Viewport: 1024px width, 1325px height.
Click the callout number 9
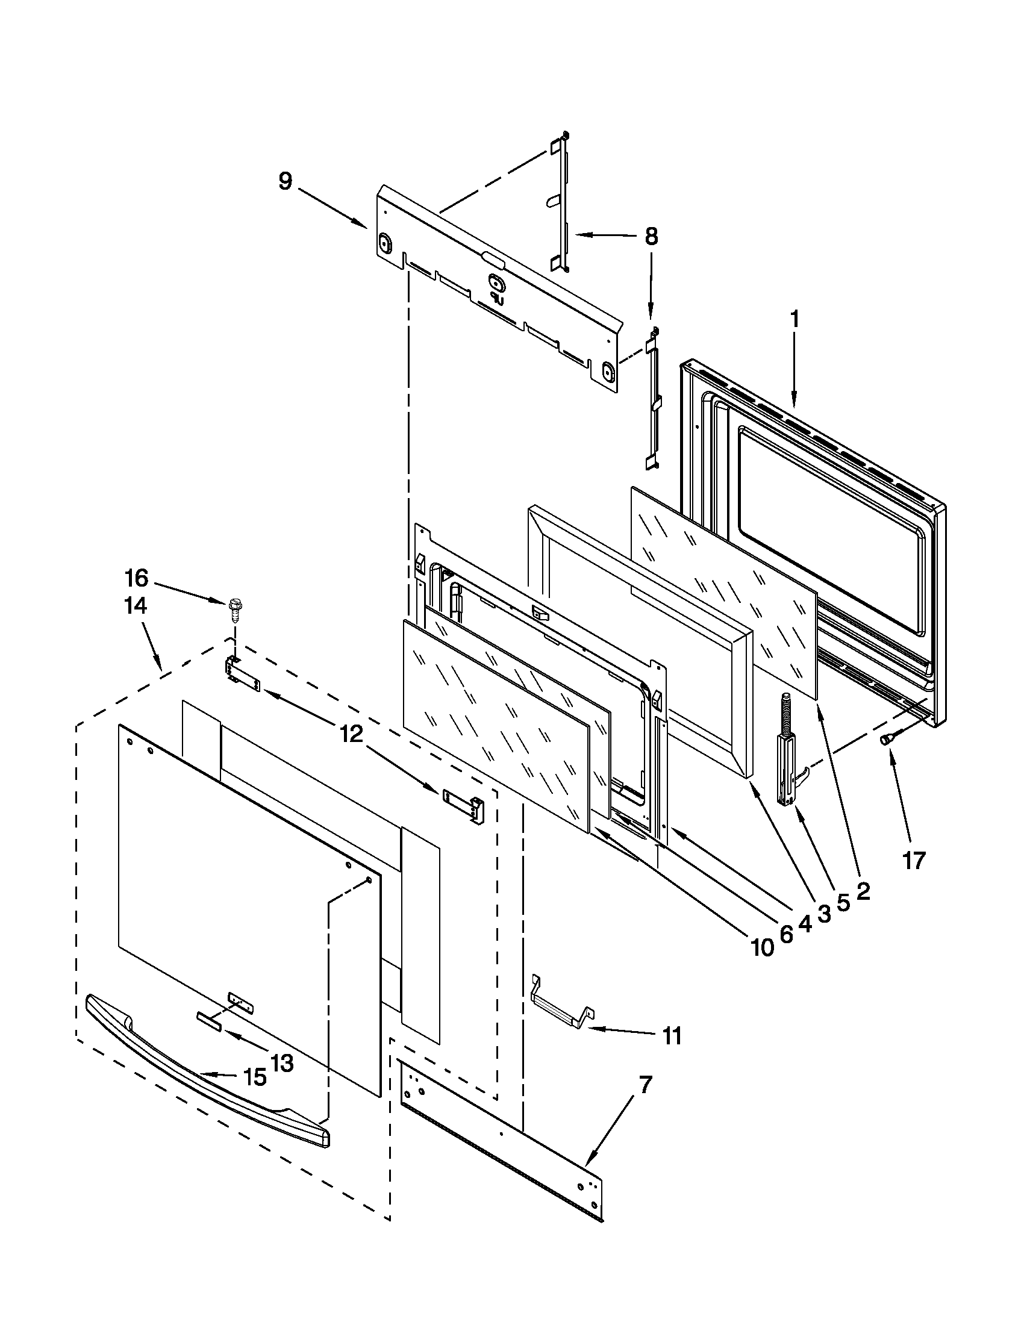(285, 181)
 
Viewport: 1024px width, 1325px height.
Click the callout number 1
(794, 319)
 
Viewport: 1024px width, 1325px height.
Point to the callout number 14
(136, 606)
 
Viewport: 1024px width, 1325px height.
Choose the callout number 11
(672, 1037)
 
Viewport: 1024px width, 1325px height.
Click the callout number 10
(763, 946)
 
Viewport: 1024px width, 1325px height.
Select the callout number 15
(255, 1077)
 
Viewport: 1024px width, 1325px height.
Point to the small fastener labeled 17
(885, 738)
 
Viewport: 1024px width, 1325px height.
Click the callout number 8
(651, 236)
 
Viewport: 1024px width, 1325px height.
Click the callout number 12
(351, 735)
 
